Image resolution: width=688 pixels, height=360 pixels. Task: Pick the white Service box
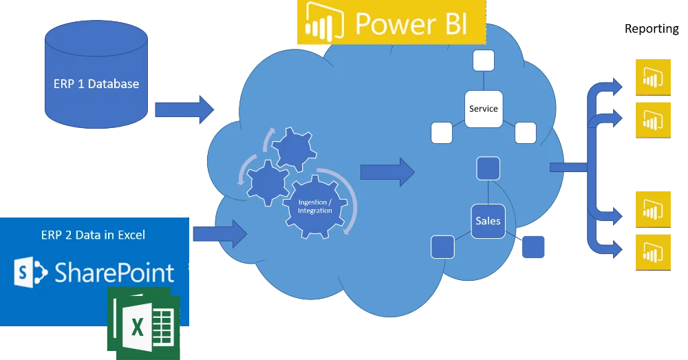[x=483, y=109]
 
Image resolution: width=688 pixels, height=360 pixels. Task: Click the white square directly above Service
[x=483, y=61]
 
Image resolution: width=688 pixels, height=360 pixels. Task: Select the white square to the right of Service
[x=525, y=133]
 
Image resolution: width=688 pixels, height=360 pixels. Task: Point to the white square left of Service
[x=441, y=133]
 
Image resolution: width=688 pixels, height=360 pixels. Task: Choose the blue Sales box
[x=488, y=221]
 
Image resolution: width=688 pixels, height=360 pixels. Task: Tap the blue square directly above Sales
[x=488, y=169]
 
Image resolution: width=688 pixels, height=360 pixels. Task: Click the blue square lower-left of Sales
[x=442, y=246]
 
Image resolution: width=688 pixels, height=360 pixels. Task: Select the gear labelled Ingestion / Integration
[x=314, y=206]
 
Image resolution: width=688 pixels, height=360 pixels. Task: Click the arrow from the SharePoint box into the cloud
[x=219, y=233]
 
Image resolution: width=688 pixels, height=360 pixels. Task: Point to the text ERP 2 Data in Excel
[x=93, y=235]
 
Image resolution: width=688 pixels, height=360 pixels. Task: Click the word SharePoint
[x=114, y=273]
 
